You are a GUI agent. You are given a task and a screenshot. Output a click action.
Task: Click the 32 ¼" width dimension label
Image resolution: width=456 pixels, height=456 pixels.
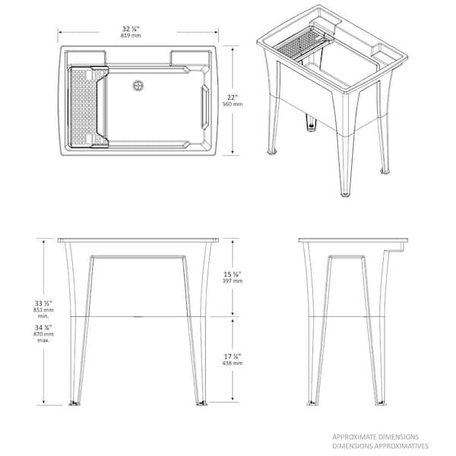(x=131, y=29)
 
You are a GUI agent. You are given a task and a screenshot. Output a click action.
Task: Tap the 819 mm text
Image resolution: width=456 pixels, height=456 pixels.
(x=131, y=36)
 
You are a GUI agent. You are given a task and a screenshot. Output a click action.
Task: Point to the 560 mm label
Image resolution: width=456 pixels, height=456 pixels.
(x=233, y=104)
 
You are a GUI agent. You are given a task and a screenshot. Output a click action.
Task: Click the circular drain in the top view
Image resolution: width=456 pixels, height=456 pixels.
(x=138, y=85)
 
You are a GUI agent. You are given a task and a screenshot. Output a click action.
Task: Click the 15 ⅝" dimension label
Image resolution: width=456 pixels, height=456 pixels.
(x=233, y=274)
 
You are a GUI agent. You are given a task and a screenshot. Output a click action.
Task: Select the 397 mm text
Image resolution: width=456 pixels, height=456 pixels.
(x=233, y=282)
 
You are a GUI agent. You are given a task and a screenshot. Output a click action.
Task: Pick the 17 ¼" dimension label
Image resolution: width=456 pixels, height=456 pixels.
(x=233, y=356)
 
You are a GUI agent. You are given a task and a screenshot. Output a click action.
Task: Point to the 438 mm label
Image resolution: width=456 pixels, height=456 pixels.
(x=233, y=364)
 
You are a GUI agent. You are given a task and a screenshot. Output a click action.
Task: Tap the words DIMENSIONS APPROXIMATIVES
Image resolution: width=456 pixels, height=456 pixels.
(x=380, y=446)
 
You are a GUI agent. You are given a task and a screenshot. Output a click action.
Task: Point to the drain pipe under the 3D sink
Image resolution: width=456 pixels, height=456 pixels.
(x=311, y=119)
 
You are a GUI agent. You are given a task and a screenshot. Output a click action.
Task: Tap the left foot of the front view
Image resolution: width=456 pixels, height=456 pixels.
(x=75, y=403)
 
